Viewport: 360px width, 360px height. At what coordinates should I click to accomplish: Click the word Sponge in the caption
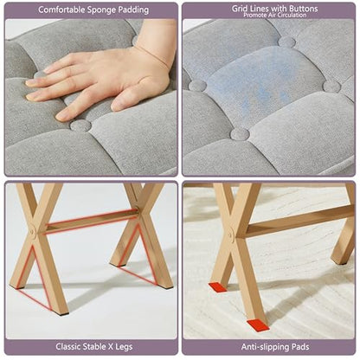[101, 10]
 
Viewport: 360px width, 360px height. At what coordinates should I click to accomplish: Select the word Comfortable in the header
[61, 10]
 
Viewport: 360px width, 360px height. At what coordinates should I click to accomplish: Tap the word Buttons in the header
[301, 9]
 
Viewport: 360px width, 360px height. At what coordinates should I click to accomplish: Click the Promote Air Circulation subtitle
[274, 15]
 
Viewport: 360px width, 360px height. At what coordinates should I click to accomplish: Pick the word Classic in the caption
[68, 346]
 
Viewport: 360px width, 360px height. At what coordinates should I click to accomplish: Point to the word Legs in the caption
[125, 347]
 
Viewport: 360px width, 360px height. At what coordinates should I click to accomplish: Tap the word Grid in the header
[240, 9]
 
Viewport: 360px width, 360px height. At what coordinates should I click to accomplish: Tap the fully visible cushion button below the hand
[80, 126]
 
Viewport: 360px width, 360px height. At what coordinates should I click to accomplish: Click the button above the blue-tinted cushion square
[286, 42]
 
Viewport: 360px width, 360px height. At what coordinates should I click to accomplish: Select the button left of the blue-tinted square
[197, 86]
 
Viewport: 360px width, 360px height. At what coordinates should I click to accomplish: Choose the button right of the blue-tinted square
[331, 87]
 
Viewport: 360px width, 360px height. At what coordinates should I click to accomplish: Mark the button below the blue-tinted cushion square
[240, 134]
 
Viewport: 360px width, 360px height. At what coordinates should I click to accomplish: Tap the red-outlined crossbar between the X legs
[92, 222]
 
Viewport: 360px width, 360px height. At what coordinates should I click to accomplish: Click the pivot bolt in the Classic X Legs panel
[33, 231]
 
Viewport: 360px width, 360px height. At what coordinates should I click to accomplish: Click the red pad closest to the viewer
[258, 325]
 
